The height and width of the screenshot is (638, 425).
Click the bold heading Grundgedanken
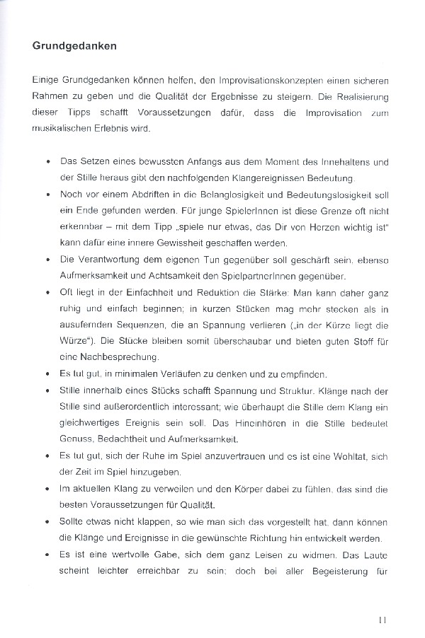pos(74,47)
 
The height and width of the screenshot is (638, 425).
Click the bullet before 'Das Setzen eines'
pos(47,162)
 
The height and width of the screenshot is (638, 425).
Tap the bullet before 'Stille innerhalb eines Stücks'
pos(47,390)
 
